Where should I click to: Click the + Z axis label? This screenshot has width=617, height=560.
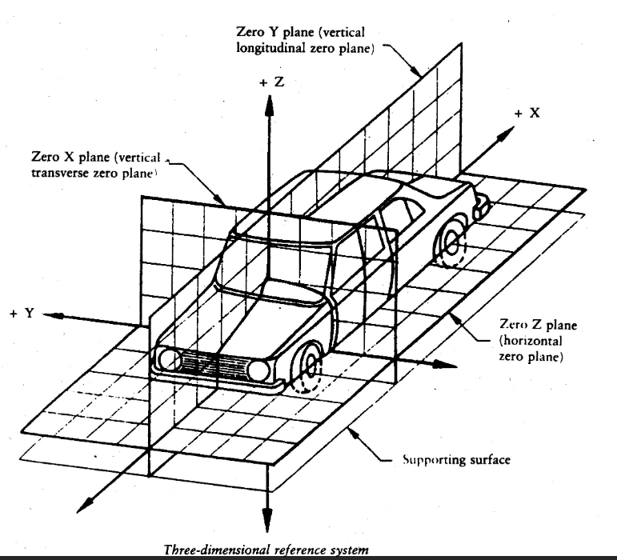coord(271,82)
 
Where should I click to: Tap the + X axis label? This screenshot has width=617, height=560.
coord(527,114)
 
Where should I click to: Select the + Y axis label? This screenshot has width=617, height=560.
coord(23,313)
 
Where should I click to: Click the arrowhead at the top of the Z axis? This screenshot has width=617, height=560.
coord(269,106)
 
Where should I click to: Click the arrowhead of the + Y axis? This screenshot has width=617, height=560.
coord(53,315)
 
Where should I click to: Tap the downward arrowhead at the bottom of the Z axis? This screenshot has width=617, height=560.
coord(267,520)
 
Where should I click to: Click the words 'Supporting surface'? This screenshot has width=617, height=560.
coord(456,460)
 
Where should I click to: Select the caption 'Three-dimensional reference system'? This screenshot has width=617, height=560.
coord(266,550)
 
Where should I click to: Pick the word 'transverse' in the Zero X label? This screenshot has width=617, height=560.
coord(60,173)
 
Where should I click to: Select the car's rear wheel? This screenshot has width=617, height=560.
coord(451,243)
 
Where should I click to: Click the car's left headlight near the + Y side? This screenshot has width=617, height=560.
coord(170,359)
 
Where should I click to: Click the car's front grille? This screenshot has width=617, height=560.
coord(214,364)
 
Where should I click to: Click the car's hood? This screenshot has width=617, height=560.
coord(252,322)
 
